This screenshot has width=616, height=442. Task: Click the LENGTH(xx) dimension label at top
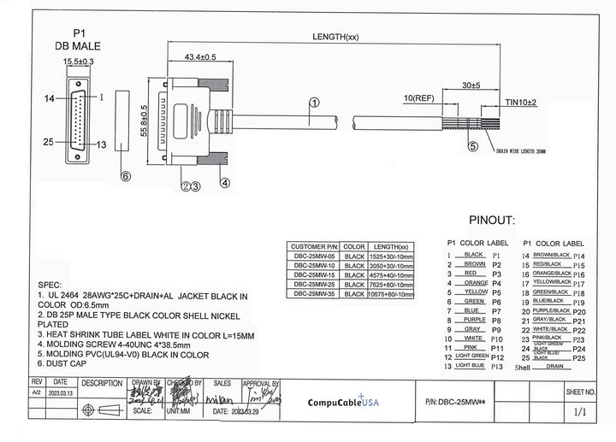335,37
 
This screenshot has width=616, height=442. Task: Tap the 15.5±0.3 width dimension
79,62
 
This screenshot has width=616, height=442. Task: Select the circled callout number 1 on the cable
314,103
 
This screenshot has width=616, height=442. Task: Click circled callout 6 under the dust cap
125,176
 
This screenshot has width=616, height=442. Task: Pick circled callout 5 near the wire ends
472,146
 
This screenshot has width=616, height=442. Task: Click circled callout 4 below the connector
224,182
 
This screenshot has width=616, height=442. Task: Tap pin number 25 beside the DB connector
50,142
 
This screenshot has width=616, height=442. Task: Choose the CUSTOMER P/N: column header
315,246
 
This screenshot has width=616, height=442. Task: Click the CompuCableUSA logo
343,402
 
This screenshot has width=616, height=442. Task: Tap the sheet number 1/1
580,411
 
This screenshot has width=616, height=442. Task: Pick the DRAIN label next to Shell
554,366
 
